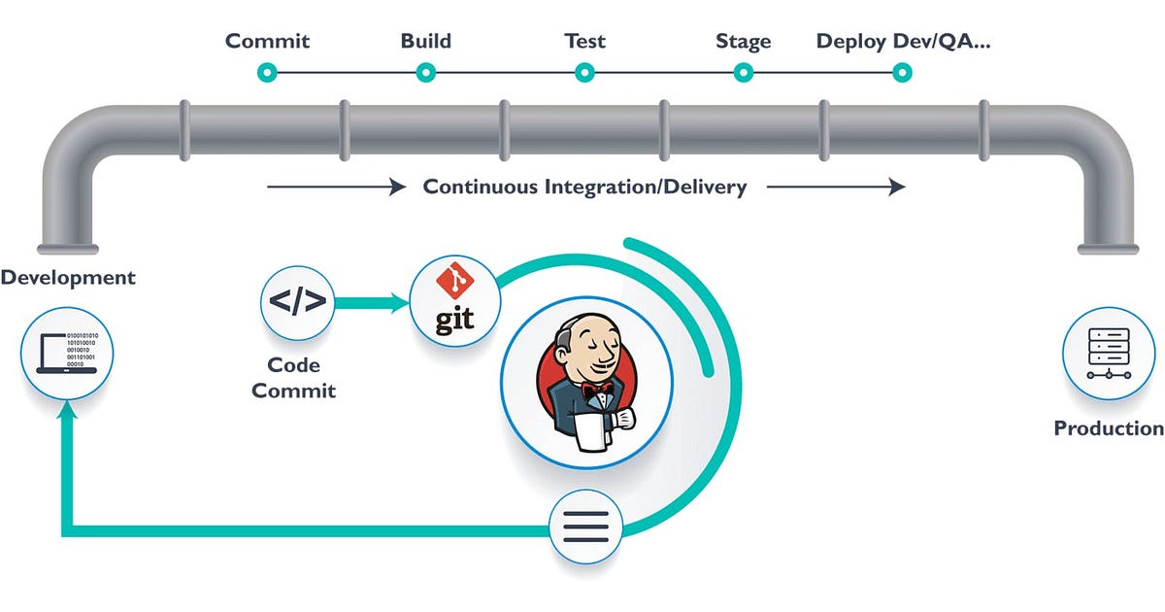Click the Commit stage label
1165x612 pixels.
(x=267, y=42)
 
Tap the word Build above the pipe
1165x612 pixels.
(x=425, y=42)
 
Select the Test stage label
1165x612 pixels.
(x=584, y=42)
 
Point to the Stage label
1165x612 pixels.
(x=743, y=42)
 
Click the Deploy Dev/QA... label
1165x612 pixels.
(x=903, y=42)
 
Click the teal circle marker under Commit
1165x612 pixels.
(x=267, y=72)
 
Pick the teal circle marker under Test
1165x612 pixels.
(x=584, y=72)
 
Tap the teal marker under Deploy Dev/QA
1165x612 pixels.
(x=902, y=72)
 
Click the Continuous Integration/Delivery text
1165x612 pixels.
(x=584, y=187)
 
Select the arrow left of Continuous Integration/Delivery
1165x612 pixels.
(x=336, y=187)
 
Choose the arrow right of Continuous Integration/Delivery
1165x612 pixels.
(x=835, y=187)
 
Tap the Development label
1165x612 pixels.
(x=68, y=278)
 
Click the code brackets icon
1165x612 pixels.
(x=298, y=302)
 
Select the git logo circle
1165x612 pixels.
(x=454, y=302)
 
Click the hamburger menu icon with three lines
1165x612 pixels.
(x=586, y=527)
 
